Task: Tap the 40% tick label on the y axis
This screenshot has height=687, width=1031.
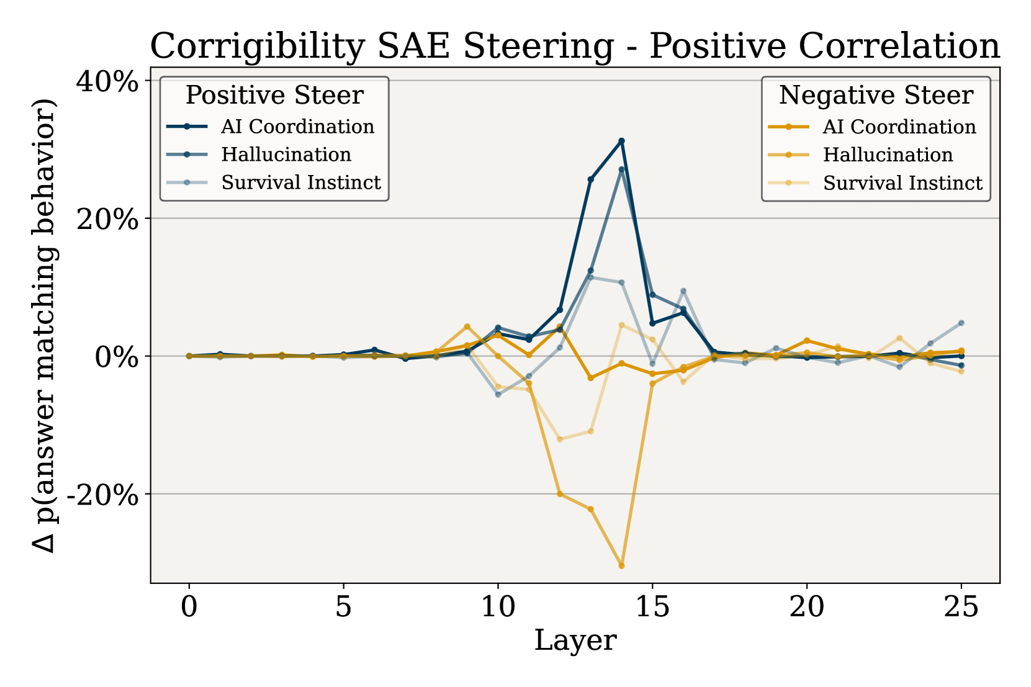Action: [107, 81]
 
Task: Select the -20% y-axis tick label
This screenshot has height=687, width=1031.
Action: [102, 495]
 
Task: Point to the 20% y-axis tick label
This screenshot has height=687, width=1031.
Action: [107, 219]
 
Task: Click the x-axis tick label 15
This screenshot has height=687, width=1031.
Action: [652, 606]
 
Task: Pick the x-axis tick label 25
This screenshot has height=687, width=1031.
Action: [961, 606]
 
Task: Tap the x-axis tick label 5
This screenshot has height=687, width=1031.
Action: [343, 606]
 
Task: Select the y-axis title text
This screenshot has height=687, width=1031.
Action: [45, 325]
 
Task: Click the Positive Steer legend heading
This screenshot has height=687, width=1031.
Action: [274, 96]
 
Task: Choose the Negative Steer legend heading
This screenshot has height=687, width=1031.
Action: [876, 96]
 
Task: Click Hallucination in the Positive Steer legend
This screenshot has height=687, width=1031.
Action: [286, 155]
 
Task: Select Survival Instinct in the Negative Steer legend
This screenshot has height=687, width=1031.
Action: [903, 183]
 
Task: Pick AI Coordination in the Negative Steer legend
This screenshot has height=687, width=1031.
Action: [899, 127]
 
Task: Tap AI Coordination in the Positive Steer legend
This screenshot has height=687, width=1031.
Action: [297, 127]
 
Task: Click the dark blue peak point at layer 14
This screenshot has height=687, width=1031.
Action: [621, 141]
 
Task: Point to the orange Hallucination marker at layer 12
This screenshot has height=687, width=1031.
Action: [560, 494]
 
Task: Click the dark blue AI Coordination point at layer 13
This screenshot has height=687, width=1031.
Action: [590, 180]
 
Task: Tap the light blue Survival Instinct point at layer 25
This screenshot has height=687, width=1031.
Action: [961, 323]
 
